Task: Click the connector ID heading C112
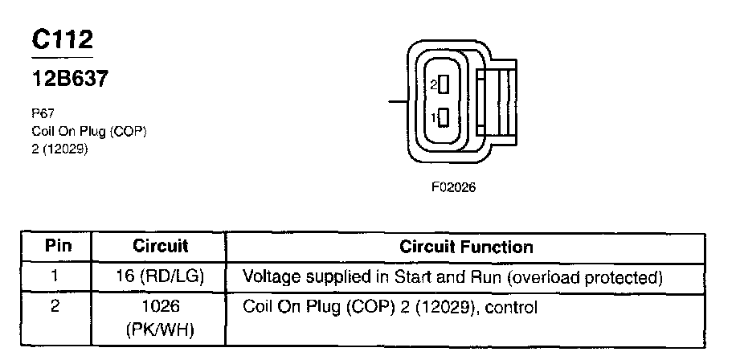click(x=63, y=40)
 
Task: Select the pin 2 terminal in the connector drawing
click(x=442, y=83)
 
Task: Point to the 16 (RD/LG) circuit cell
click(x=159, y=277)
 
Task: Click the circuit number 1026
click(x=159, y=307)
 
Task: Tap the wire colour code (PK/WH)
click(x=159, y=329)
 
